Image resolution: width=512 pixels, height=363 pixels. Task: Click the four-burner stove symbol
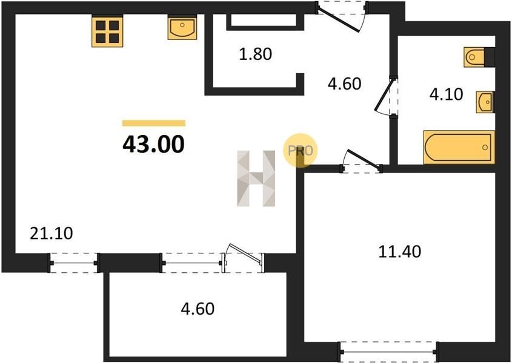point(107,31)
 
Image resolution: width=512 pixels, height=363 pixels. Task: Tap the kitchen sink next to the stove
point(182,28)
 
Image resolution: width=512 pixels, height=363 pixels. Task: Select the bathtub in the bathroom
point(459,147)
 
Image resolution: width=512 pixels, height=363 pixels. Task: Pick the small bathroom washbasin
point(485,102)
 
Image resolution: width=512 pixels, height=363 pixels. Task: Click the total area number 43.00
point(153,144)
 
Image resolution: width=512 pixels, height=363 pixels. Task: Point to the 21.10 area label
point(52,234)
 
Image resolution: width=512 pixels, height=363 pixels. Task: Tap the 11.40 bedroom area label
point(400,252)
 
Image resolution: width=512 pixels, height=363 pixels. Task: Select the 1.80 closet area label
point(255,54)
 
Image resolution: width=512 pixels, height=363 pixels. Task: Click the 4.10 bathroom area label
point(446,94)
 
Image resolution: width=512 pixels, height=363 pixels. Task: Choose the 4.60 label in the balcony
point(198,309)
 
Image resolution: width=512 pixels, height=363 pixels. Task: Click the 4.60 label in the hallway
point(345,84)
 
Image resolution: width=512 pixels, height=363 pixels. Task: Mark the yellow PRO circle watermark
point(300,151)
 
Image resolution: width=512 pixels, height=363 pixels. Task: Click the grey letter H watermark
point(256,178)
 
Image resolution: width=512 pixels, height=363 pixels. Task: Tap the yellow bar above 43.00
point(154,123)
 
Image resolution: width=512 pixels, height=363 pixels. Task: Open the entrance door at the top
point(342,16)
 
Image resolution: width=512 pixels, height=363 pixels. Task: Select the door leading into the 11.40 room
point(362,162)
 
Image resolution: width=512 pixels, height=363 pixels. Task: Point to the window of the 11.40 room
point(388,352)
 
